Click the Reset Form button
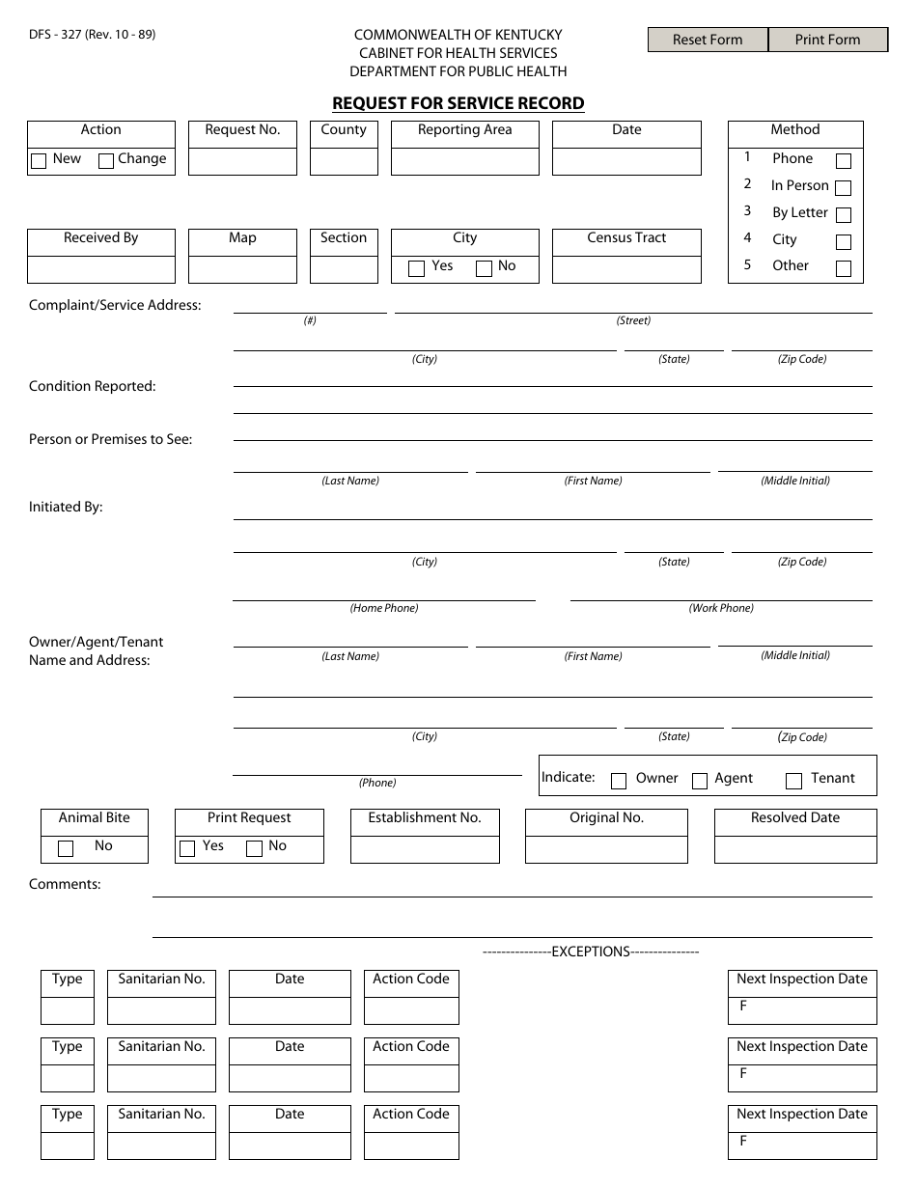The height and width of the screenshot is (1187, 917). coord(708,40)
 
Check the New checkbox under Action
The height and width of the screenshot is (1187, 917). coord(39,161)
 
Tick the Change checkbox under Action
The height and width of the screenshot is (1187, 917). coord(107,161)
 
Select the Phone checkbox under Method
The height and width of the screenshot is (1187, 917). coord(844,161)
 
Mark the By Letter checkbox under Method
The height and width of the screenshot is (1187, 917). coord(844,215)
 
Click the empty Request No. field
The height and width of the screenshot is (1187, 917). coord(242,161)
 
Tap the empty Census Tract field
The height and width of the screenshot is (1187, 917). coord(626,269)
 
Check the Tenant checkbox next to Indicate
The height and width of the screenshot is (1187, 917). coord(794,781)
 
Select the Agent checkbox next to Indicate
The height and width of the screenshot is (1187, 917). coord(700,781)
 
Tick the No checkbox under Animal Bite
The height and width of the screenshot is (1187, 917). coord(66,848)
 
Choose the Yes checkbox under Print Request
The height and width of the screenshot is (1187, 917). coord(187,848)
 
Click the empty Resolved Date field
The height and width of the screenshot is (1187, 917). coord(795,849)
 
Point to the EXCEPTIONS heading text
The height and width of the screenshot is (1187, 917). coord(590,952)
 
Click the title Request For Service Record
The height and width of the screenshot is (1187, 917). coord(458,103)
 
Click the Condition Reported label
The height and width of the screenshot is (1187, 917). coord(93,386)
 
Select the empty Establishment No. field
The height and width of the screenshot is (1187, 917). coord(425,849)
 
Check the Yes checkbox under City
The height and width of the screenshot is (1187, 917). coord(417,268)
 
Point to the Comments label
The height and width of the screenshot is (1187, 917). coord(65,884)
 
